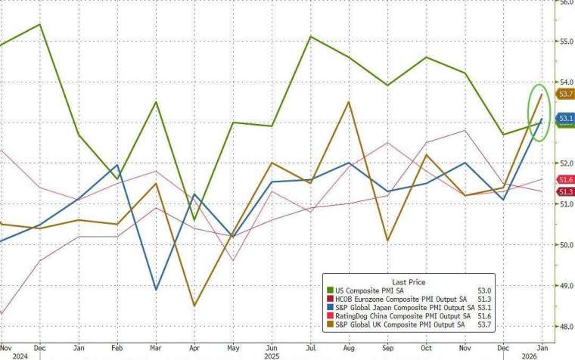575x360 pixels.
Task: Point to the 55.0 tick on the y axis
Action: (x=564, y=41)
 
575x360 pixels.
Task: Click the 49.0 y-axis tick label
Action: (x=564, y=286)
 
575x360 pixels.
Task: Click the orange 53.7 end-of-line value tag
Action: (x=565, y=94)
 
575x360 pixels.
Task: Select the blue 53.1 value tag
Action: (x=565, y=119)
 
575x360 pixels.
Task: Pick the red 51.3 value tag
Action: (x=565, y=191)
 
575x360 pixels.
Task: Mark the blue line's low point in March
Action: (x=156, y=290)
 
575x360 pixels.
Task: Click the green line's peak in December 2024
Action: (x=39, y=24)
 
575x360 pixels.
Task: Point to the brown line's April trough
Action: (x=195, y=306)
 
